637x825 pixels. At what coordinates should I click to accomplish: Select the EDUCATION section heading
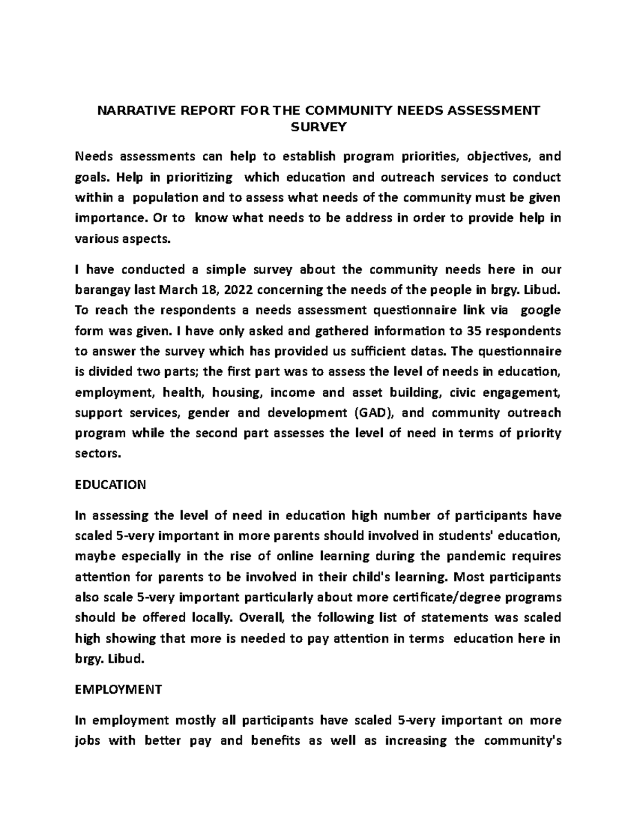point(110,484)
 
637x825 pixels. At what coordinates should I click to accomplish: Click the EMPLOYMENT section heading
point(118,690)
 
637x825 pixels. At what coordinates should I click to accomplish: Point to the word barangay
point(101,290)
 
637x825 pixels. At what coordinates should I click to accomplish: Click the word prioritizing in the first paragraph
point(200,177)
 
